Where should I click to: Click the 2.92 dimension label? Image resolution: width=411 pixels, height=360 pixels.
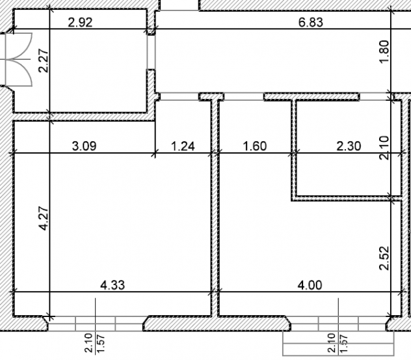coord(80,22)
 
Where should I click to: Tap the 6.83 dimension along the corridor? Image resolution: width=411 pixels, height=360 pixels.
coord(311,22)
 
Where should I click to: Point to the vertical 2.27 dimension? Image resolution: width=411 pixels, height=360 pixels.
coord(44,61)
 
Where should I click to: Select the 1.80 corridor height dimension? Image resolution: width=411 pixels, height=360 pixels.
coord(384,51)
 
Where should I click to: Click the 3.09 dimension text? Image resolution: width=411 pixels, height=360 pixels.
coord(84,146)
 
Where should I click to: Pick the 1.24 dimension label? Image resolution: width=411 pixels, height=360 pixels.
coord(183,146)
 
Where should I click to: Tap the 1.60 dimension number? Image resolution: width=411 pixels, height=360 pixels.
coord(255,146)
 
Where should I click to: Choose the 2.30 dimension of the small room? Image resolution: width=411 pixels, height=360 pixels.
coord(349,146)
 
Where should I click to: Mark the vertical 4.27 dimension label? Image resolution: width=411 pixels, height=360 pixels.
coord(44,219)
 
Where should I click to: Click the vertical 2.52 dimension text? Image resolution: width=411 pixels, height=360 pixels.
coord(384,258)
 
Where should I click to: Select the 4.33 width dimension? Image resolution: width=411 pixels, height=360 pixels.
coord(113,285)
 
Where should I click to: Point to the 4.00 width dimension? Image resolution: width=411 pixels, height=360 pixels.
coord(310,285)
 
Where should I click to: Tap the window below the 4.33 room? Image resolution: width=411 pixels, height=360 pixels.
coord(96,324)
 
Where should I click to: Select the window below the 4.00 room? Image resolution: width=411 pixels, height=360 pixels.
coord(338,324)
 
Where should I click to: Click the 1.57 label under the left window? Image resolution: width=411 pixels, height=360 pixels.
coord(101,343)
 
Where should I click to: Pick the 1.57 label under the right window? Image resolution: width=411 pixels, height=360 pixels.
coord(344,343)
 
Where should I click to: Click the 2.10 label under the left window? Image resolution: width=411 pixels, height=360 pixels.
coord(89,343)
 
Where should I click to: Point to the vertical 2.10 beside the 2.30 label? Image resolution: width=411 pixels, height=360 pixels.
coord(384,148)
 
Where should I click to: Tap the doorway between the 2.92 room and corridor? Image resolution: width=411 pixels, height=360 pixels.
coord(151,52)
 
